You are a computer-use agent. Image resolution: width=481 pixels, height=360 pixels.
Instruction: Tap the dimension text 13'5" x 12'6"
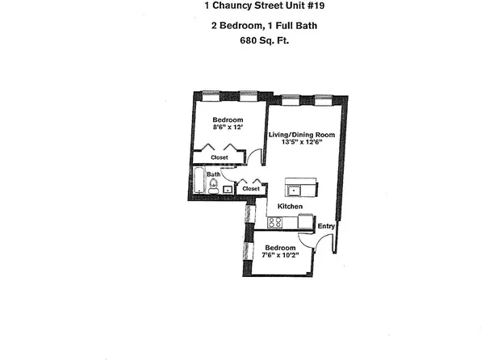(x=303, y=142)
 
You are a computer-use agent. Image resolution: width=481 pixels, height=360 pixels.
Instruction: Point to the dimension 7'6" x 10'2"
(x=279, y=255)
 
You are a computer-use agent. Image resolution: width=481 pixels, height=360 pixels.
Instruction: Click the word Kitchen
(x=290, y=207)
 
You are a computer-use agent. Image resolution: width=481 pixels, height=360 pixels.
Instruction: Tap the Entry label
(x=326, y=226)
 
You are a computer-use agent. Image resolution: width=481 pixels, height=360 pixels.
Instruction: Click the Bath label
(x=213, y=174)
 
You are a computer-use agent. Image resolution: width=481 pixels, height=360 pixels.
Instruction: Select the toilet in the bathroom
(x=213, y=187)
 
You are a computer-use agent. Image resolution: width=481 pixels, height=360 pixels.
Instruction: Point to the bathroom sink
(x=228, y=190)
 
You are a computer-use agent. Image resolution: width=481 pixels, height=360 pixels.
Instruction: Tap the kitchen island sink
(x=295, y=190)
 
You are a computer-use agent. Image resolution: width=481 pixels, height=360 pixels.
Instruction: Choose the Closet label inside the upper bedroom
(x=220, y=157)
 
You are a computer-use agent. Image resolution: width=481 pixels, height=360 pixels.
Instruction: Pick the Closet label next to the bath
(x=251, y=189)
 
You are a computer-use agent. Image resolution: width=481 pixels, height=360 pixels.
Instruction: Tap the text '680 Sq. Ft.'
(x=240, y=42)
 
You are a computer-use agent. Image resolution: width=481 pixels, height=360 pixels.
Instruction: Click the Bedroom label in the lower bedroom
(x=279, y=247)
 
